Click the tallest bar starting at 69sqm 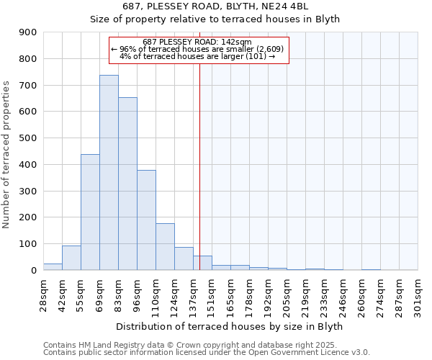(109, 173)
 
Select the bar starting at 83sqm (127, 184)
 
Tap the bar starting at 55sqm (90, 212)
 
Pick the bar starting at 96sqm (146, 220)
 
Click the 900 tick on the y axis (28, 32)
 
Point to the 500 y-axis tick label (28, 138)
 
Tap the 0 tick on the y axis (33, 270)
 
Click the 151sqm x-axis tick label (212, 295)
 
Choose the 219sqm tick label (305, 295)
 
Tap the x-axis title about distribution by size (229, 326)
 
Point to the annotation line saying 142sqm (198, 42)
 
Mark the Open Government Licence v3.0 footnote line (207, 353)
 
